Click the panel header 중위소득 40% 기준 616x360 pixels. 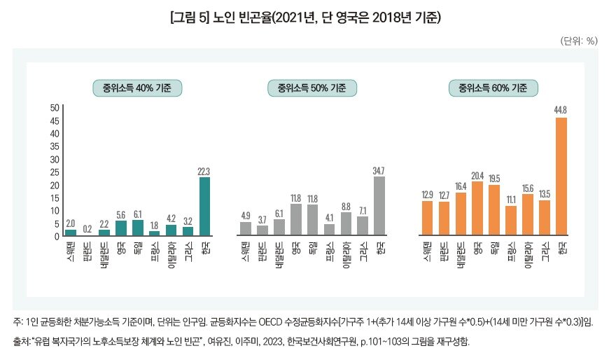tap(137, 88)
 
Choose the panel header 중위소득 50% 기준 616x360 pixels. tap(312, 88)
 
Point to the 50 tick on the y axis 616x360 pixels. tap(54, 108)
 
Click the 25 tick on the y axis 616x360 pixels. tap(54, 172)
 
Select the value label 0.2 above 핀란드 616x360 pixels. tap(87, 228)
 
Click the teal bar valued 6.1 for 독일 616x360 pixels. tap(137, 228)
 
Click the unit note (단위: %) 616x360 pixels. tap(578, 41)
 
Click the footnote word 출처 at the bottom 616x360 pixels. tap(21, 342)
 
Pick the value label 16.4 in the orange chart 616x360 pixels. tap(461, 186)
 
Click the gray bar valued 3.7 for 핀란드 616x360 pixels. tap(262, 230)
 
